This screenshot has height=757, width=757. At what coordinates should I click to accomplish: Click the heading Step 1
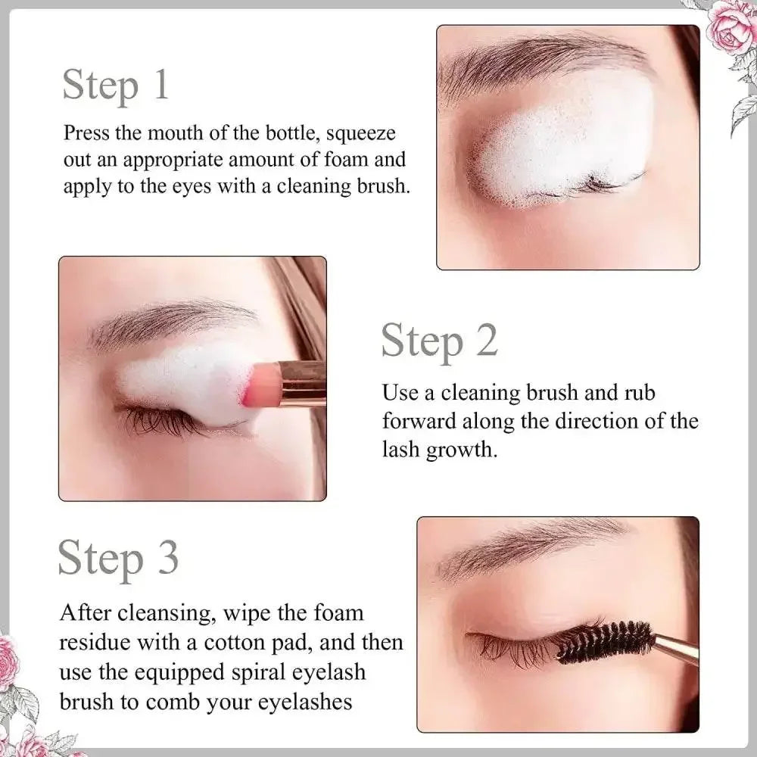coord(115,84)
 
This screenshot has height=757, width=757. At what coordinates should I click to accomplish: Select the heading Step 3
coord(119,559)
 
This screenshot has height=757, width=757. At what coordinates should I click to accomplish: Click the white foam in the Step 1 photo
coord(560,144)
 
